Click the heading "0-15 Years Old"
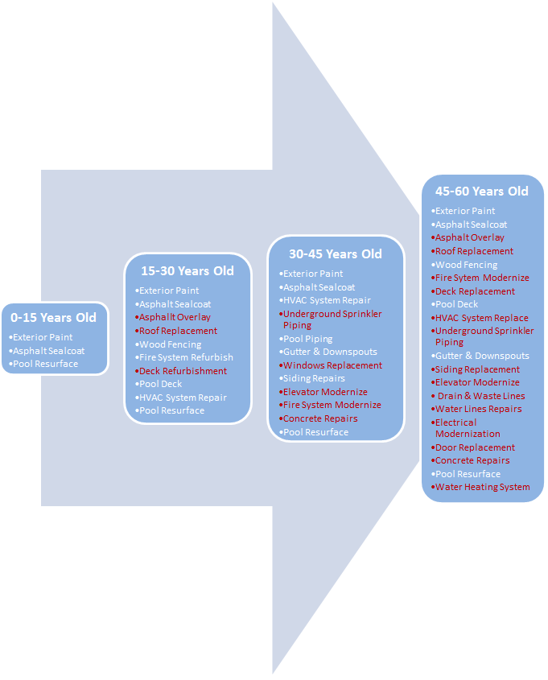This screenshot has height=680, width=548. tap(53, 318)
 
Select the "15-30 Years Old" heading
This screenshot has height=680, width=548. tap(187, 270)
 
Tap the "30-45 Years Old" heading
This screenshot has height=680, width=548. tap(335, 253)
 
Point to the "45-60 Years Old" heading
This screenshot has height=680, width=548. tap(482, 192)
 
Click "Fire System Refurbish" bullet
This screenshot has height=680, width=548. tap(185, 357)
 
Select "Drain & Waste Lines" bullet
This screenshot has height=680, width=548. tap(480, 396)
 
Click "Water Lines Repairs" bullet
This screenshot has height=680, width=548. tap(477, 409)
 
